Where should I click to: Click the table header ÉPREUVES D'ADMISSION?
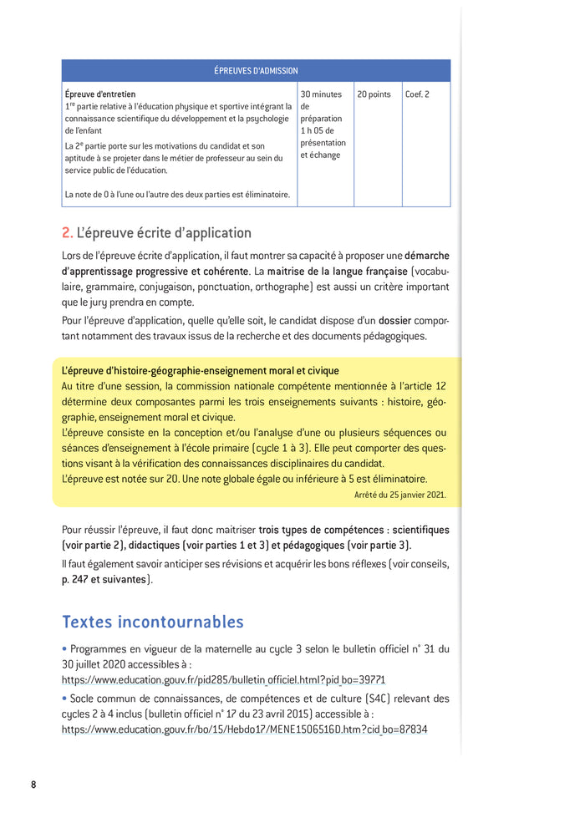tap(256, 71)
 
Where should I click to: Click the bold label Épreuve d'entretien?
tap(100, 94)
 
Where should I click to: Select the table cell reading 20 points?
tap(374, 94)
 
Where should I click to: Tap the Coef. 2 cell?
tap(417, 94)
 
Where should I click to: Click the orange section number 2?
tap(67, 233)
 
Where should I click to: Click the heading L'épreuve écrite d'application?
tap(164, 233)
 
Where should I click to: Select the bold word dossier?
tap(394, 320)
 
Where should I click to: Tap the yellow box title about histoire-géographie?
tap(201, 370)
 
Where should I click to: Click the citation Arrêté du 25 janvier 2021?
tap(399, 495)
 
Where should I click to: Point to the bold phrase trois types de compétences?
tap(322, 530)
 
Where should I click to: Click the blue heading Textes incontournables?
tap(153, 622)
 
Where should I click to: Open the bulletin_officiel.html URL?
tap(224, 680)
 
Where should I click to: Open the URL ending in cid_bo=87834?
tap(244, 729)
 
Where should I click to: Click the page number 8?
tap(33, 785)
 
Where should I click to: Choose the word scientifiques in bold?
tap(420, 530)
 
